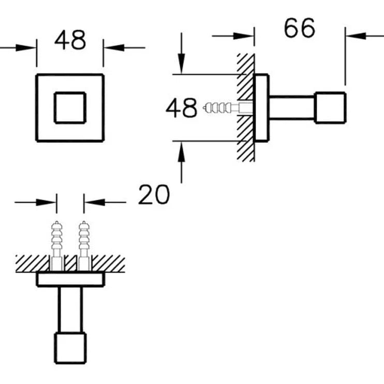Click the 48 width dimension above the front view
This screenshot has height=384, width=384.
point(70,40)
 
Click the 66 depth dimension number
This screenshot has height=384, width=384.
point(299,28)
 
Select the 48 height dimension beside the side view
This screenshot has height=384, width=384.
point(181,108)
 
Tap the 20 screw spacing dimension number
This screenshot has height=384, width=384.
point(154,195)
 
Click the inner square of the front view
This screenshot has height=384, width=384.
point(70,107)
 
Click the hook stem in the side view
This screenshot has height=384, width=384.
point(291,108)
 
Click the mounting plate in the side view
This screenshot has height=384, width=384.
point(262,108)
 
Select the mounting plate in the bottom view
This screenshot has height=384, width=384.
point(70,280)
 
